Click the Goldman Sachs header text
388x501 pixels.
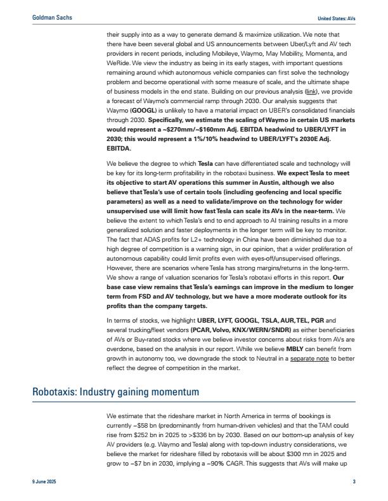tap(52, 18)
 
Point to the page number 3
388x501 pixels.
tap(354, 483)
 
